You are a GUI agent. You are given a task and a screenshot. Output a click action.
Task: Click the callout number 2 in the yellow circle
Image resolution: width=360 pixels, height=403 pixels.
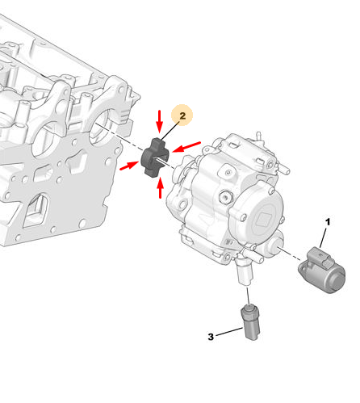(x=182, y=115)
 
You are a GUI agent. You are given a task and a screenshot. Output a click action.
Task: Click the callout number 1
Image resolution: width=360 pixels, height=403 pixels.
(x=328, y=222)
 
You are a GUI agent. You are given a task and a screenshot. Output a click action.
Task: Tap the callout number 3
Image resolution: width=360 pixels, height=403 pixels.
(x=211, y=337)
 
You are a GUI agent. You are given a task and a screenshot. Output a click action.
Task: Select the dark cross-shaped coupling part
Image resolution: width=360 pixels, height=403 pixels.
(x=155, y=158)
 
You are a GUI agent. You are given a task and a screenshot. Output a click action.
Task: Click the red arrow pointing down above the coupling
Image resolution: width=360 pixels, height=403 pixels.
(x=160, y=121)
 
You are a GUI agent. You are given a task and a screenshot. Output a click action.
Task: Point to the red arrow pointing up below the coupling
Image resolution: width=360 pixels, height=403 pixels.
(x=161, y=187)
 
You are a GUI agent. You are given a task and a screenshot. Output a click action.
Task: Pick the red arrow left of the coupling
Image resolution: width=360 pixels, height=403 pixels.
(x=129, y=166)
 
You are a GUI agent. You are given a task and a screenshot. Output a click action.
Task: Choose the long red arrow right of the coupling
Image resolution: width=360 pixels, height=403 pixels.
(x=186, y=146)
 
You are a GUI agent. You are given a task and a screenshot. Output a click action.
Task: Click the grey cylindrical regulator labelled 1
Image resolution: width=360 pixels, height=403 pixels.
(x=322, y=270)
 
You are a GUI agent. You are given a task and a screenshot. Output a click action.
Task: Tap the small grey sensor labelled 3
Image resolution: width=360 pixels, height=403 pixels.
(x=250, y=322)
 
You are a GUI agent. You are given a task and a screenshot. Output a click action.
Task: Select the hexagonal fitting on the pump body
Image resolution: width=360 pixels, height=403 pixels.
(x=225, y=197)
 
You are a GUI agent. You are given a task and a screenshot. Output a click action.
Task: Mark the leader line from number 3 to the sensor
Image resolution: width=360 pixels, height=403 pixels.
(x=229, y=332)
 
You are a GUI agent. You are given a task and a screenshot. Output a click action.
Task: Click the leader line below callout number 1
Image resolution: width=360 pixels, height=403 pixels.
(x=323, y=238)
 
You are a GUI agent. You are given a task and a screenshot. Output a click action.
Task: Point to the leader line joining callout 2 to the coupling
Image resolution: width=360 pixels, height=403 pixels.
(x=170, y=131)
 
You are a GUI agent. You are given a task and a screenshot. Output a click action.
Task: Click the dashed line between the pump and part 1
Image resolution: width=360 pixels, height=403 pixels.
(x=291, y=254)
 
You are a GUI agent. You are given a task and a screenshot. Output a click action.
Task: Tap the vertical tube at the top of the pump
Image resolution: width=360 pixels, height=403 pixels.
(x=258, y=136)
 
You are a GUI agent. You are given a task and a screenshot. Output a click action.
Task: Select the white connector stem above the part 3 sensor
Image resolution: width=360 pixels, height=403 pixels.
(x=245, y=273)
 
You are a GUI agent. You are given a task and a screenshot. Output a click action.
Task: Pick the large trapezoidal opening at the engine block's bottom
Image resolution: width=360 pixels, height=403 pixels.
(x=36, y=210)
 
